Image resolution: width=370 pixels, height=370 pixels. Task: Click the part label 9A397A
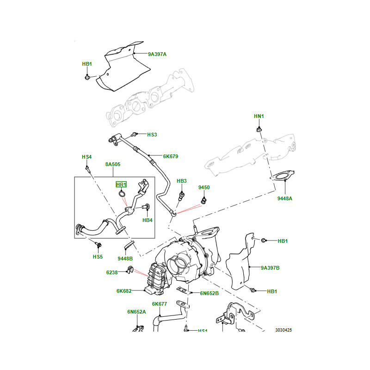click(x=157, y=55)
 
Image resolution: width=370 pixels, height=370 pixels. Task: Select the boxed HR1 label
click(x=121, y=185)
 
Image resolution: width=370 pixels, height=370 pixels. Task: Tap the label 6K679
click(x=170, y=156)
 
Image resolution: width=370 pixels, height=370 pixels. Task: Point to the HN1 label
click(x=259, y=116)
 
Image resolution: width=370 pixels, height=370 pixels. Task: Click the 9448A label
click(x=285, y=198)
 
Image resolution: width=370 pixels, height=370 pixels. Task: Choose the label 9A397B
click(x=270, y=268)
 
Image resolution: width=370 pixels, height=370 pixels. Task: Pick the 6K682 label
click(x=124, y=291)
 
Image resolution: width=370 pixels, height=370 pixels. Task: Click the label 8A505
click(x=112, y=164)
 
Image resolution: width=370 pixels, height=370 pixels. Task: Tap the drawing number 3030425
click(x=284, y=330)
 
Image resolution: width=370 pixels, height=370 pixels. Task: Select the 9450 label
click(x=204, y=187)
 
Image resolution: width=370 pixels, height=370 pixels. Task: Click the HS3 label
click(x=152, y=135)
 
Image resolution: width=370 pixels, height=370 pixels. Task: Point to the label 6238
click(x=112, y=273)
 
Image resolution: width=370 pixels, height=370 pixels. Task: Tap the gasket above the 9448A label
click(x=280, y=176)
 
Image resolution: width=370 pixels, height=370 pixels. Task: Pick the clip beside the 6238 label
click(x=129, y=270)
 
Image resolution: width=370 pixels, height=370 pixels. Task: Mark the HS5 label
click(x=98, y=257)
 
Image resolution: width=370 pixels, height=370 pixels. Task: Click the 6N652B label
click(x=210, y=293)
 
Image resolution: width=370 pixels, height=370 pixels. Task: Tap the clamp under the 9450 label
click(x=203, y=200)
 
